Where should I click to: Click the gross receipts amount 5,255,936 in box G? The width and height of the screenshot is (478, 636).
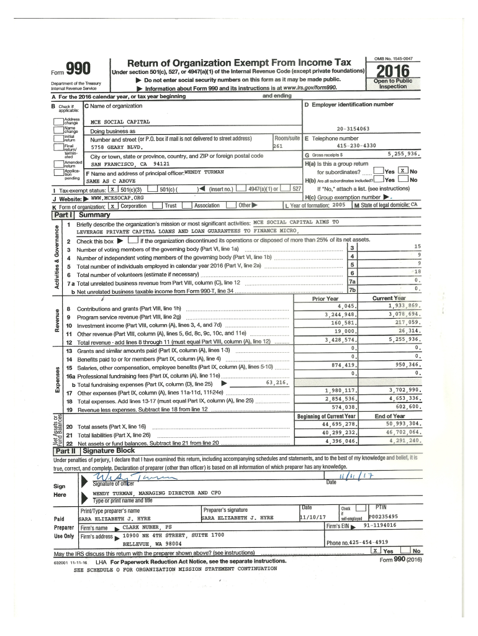404,153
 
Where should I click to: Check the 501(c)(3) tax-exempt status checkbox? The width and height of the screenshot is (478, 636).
112,188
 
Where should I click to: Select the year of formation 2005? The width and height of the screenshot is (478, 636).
338,204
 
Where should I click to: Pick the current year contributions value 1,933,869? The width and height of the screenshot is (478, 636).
405,306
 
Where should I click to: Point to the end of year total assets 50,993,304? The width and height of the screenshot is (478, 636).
403,423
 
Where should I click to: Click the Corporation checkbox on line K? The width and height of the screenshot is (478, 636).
112,205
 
